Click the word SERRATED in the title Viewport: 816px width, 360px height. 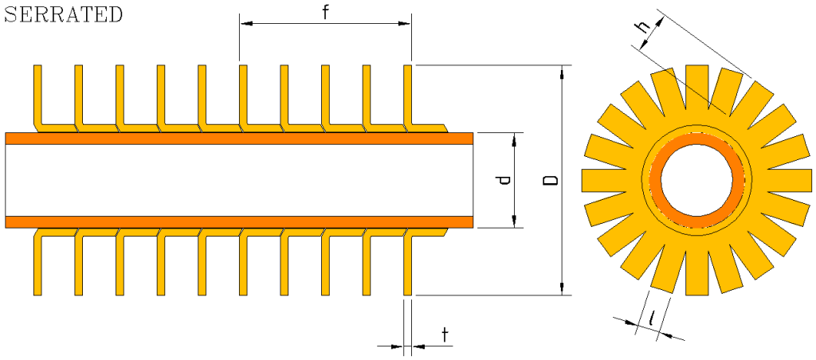pos(64,14)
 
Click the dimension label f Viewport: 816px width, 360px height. pos(326,13)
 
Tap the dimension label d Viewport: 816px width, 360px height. pos(503,180)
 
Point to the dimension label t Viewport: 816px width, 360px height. pos(445,335)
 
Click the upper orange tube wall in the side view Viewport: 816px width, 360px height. pos(239,139)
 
